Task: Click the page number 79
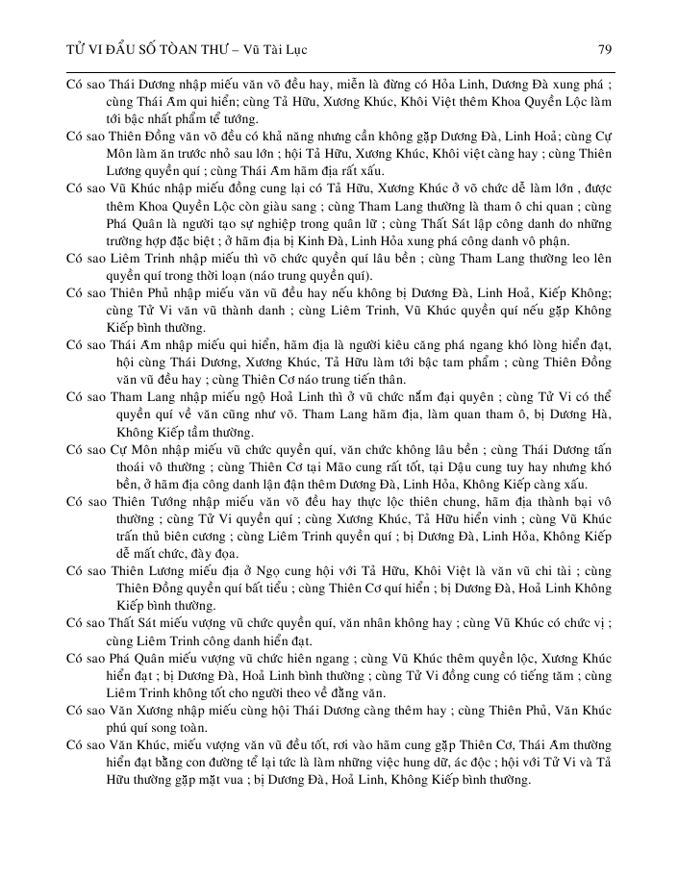coord(605,48)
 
